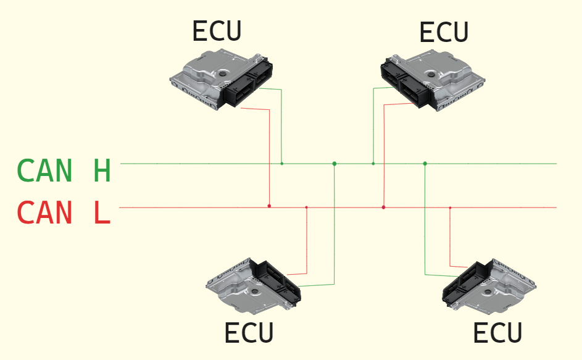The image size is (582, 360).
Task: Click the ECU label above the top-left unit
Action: coord(217,31)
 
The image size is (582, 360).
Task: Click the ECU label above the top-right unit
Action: coord(444,32)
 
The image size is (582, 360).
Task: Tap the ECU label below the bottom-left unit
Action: coord(249,333)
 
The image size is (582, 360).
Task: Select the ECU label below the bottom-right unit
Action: coord(497,333)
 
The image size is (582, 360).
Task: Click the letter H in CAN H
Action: coord(102,170)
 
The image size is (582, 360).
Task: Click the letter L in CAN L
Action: coord(102,213)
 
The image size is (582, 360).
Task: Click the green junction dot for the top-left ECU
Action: coord(282,164)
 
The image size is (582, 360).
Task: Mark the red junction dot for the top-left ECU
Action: coord(269,206)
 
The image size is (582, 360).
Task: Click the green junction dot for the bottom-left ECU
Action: coord(334,164)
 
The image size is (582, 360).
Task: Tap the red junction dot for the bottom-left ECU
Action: coord(307,207)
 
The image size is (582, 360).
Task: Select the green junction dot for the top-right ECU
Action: coord(373,164)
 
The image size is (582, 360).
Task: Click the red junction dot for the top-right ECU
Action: coord(383,207)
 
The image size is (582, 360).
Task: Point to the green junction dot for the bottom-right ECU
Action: coord(425,164)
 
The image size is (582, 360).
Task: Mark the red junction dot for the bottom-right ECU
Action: coord(450,207)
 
